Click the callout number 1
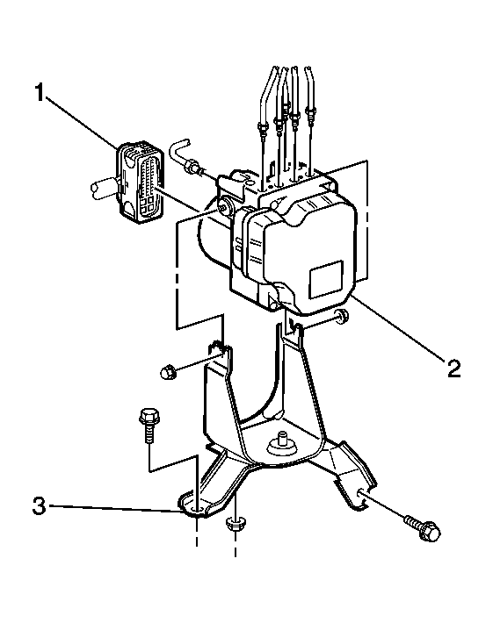coord(39,92)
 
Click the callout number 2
coord(453,369)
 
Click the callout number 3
coord(39,506)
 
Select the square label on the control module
coord(326,279)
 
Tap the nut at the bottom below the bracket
coord(236,524)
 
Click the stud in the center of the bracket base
coord(283,442)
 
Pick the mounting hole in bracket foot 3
coord(196,509)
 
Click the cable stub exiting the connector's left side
coord(105,190)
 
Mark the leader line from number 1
coord(83,122)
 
